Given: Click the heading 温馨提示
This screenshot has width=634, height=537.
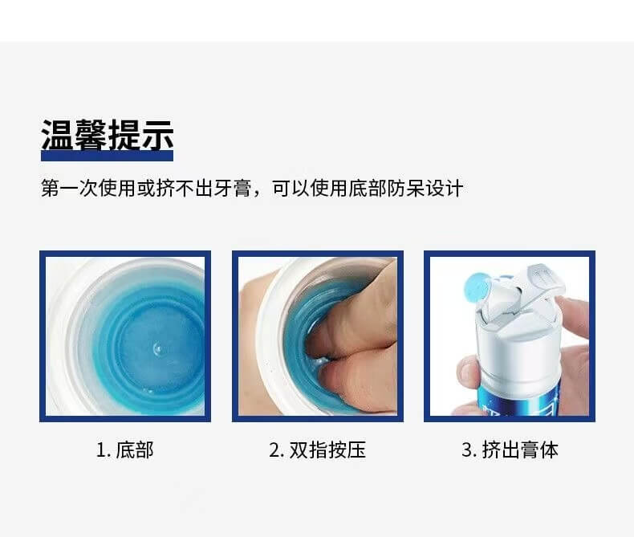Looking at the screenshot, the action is pos(108,135).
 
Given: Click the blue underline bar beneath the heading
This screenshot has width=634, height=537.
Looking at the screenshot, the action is pos(108,156).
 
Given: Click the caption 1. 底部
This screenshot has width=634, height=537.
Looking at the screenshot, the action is pos(125,450).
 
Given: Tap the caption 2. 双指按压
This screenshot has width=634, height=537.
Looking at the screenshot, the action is pos(318,450).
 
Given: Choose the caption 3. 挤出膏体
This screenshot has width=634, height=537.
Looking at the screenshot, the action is pos(510,450).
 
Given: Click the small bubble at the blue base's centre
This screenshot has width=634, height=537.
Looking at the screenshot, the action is pos(156,348).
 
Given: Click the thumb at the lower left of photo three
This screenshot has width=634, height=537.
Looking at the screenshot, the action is pos(468,372).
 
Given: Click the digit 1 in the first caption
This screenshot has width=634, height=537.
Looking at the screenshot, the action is pos(100,450).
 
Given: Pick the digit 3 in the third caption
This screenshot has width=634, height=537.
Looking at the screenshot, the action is pos(466,450).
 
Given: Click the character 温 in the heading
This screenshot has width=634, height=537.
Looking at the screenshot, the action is pos(57,135).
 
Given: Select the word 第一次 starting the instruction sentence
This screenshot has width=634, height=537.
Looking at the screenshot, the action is pos(69,189).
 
